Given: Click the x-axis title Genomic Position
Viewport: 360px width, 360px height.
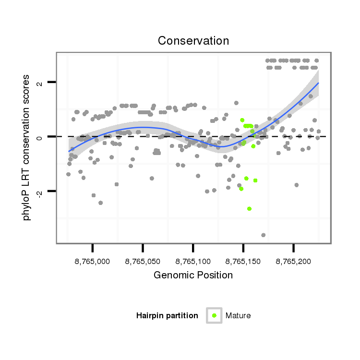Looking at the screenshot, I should point(193,275).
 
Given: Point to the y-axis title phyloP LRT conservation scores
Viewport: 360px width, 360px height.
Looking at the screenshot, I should point(27,147).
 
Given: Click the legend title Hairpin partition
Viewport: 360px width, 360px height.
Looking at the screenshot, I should point(167,315).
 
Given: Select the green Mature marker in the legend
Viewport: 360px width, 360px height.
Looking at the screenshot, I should point(214,315).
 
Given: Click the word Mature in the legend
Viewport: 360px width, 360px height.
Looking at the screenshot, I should point(238,315).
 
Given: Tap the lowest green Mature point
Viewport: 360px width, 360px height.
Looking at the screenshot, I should point(250,209).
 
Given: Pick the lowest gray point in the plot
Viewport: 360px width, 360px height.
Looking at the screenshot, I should point(264,235).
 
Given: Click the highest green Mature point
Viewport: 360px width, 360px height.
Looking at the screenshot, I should point(242,120).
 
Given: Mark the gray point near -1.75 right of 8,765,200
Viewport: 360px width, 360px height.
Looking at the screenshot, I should point(297,185).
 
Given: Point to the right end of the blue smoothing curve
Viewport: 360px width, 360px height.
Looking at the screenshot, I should point(318,83).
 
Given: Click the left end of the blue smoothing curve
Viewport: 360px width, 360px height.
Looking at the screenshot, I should point(69,151).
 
